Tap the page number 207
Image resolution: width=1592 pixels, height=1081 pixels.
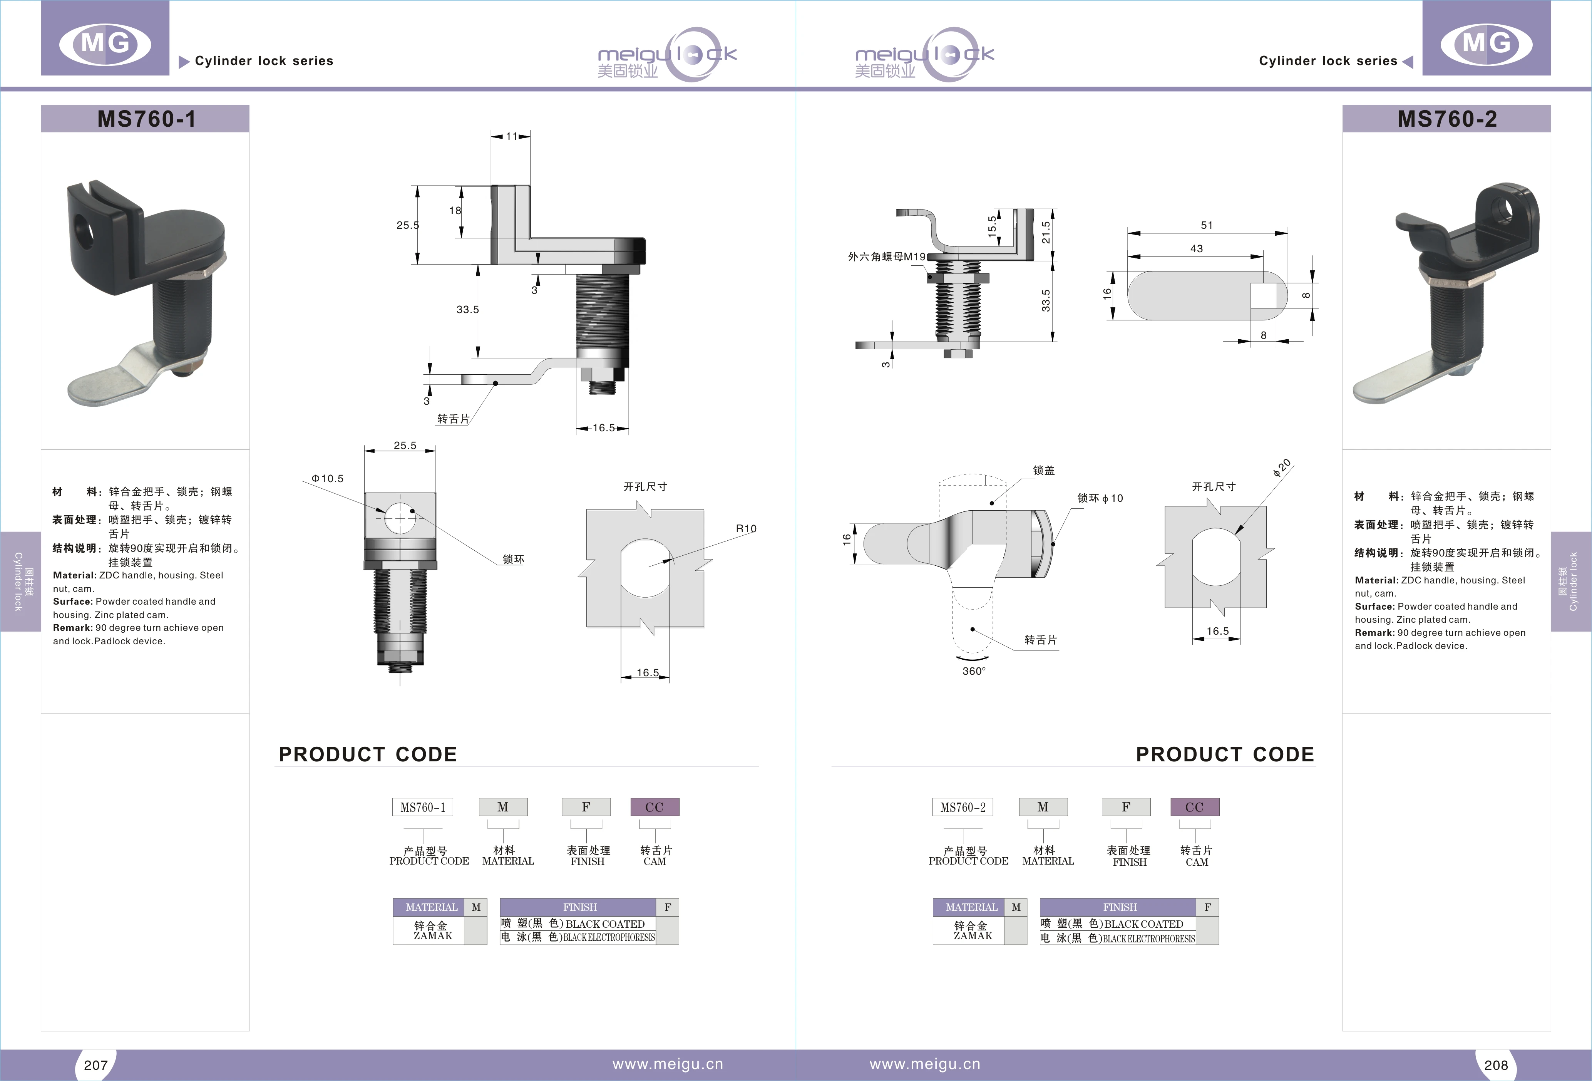click(96, 1064)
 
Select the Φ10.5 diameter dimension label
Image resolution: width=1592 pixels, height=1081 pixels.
click(327, 478)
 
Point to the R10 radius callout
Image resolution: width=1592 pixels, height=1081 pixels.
click(746, 528)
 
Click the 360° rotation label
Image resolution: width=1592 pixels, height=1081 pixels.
click(973, 670)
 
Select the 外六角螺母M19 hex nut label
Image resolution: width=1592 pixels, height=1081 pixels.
click(886, 256)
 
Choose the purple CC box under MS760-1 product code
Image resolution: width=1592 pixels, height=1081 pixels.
click(654, 807)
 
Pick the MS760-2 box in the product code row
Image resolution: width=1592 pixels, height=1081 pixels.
click(963, 807)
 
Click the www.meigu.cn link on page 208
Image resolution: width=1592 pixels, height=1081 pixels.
click(925, 1064)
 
